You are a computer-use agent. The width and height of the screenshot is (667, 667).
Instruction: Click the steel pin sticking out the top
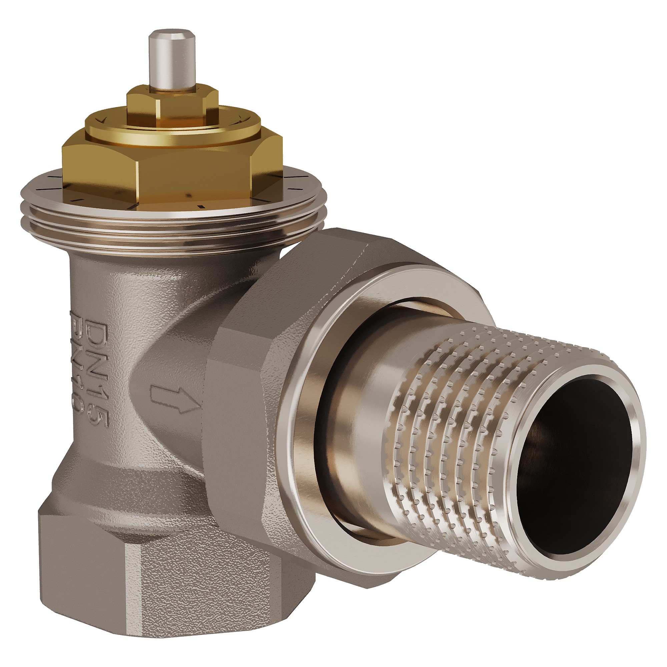click(170, 59)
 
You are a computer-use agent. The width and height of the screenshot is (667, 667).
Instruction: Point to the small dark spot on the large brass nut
click(188, 195)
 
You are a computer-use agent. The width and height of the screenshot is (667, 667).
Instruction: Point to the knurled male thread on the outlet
click(466, 414)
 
